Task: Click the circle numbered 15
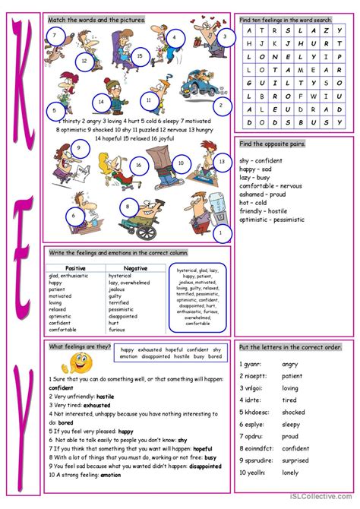(140, 55)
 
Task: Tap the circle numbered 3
(224, 36)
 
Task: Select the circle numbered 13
(222, 162)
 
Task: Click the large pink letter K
(24, 76)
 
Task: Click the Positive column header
(75, 268)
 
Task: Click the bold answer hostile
(106, 396)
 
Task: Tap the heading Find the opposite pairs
(272, 144)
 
